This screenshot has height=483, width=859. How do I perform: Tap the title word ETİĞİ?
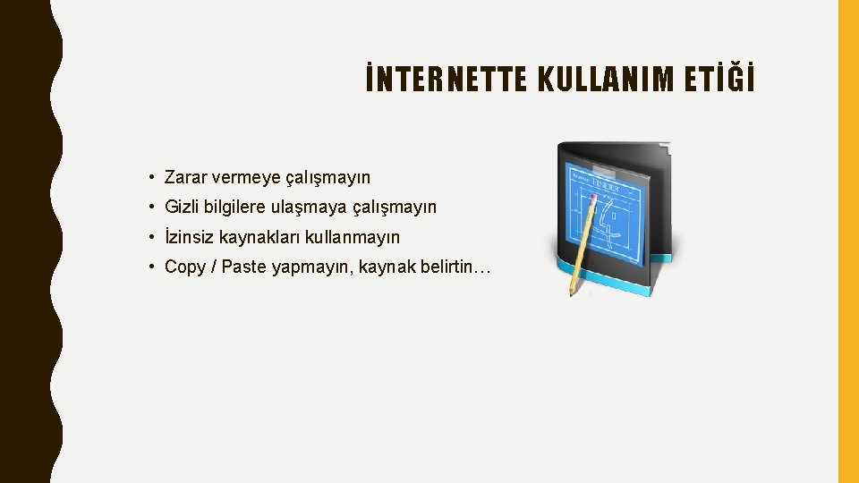pyautogui.click(x=728, y=80)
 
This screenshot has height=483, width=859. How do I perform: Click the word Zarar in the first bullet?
pyautogui.click(x=186, y=178)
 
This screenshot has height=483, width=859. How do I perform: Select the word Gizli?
pyautogui.click(x=183, y=208)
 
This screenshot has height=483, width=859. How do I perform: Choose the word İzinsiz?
pyautogui.click(x=188, y=237)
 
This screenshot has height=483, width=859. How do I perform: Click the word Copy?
pyautogui.click(x=185, y=267)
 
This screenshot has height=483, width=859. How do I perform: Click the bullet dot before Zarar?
pyautogui.click(x=154, y=178)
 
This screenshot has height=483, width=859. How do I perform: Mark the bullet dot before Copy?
pyautogui.click(x=154, y=267)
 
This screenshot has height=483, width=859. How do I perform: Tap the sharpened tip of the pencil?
pyautogui.click(x=571, y=293)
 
